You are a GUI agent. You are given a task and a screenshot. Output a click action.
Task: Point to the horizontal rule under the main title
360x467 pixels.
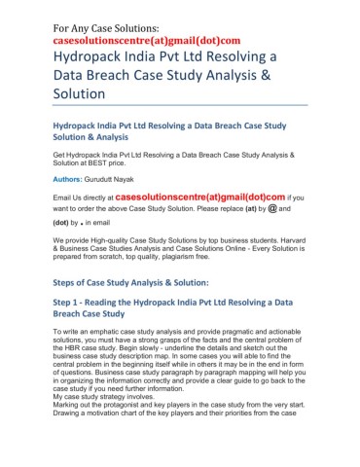click(179, 105)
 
